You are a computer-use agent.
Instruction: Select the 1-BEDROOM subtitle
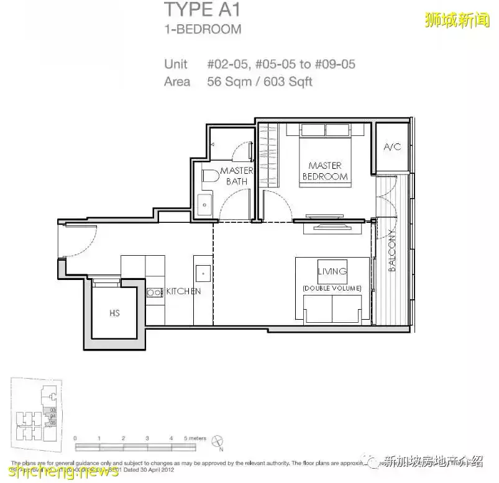203,29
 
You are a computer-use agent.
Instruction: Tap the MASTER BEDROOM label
324,171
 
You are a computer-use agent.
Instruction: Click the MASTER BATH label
237,176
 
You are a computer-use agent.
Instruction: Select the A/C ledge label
392,147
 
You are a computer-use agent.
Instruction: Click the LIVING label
315,271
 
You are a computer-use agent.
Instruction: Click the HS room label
114,313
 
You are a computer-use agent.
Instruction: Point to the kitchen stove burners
153,291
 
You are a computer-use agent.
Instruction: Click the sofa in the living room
332,309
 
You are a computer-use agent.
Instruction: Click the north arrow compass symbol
217,441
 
